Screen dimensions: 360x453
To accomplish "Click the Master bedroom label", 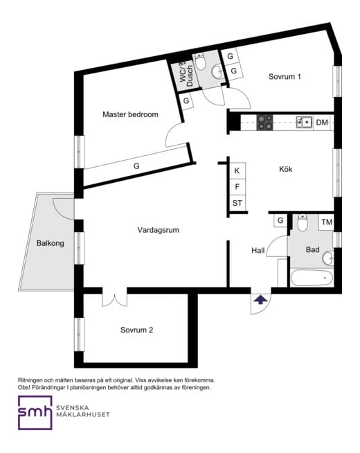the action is click(x=130, y=114).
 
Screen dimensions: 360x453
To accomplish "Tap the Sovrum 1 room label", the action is click(x=285, y=77).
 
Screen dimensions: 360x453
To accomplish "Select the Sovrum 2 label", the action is click(x=136, y=330).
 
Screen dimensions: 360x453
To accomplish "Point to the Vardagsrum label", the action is click(x=158, y=230).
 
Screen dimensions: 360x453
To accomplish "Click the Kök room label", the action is click(x=285, y=169).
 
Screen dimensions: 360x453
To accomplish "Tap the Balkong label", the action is click(x=51, y=243).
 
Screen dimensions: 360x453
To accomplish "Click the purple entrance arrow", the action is click(x=261, y=300).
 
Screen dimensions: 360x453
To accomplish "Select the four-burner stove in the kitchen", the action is click(x=265, y=122).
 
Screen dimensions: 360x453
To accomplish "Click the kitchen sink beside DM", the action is click(x=305, y=122).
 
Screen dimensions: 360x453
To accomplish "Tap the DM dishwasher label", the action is click(x=322, y=123).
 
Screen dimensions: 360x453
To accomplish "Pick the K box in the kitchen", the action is click(x=237, y=171).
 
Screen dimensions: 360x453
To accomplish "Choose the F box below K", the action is click(x=237, y=187).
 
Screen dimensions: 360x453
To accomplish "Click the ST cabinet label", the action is click(x=237, y=204).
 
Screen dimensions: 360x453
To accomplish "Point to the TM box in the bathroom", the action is click(x=327, y=222).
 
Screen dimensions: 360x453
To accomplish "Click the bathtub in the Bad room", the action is click(x=312, y=278).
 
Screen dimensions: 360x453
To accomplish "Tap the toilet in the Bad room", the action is click(x=303, y=223).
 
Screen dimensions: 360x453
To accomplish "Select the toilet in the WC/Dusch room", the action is click(x=200, y=62).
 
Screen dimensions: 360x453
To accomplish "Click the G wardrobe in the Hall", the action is click(x=280, y=221).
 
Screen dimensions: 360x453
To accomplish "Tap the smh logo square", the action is click(x=35, y=413).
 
